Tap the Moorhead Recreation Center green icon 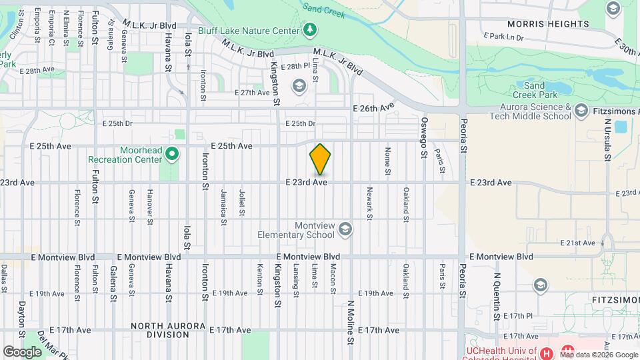pyautogui.click(x=172, y=155)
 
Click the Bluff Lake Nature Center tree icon pyautogui.click(x=310, y=30)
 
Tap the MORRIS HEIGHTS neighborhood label pyautogui.click(x=548, y=23)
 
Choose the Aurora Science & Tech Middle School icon pyautogui.click(x=581, y=111)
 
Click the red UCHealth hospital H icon pyautogui.click(x=546, y=353)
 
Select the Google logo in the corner pyautogui.click(x=23, y=351)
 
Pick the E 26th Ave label pyautogui.click(x=374, y=107)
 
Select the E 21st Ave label pyautogui.click(x=577, y=243)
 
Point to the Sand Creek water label pyautogui.click(x=324, y=10)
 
